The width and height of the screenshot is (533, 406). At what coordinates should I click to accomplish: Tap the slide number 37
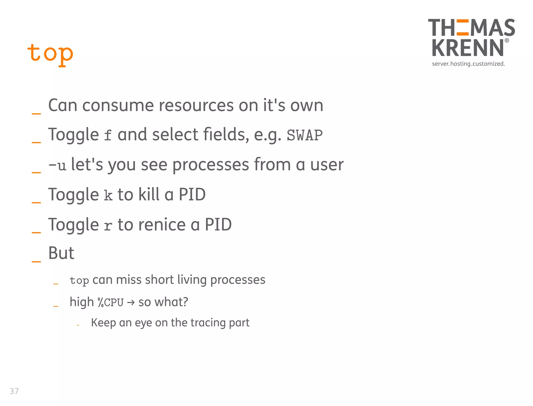pos(14,391)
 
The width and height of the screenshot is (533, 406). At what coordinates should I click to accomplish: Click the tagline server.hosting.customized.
pos(468,64)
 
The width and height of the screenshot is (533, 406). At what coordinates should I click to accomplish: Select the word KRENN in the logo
pos(468,48)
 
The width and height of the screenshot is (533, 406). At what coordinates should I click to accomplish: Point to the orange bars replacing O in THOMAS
pos(462,27)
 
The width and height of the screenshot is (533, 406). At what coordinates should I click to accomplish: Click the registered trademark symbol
pos(507,40)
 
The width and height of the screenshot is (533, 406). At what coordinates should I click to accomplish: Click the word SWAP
pos(304,135)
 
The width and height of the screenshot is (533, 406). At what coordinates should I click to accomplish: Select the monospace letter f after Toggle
pos(108,136)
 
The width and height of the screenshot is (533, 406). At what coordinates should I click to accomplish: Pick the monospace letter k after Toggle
pos(108,195)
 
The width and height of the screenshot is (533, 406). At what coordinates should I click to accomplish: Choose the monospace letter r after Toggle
pos(108,226)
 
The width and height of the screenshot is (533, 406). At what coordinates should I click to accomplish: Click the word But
pos(61,253)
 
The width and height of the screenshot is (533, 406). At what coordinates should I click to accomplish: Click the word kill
pos(149,194)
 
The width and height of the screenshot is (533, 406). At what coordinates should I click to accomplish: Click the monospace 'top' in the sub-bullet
pos(79,281)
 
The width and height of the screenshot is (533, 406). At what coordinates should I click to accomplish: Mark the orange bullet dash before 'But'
pos(36,261)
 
